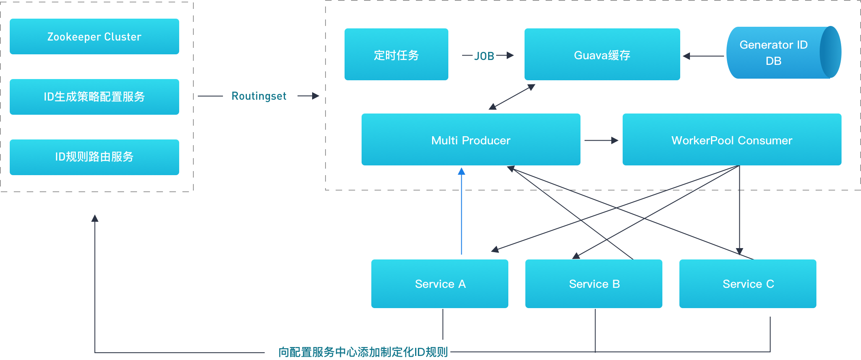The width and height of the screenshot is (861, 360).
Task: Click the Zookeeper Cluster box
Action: [94, 36]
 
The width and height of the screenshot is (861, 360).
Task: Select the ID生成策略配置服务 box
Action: [94, 96]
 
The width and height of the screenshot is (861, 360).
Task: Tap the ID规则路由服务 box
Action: [94, 157]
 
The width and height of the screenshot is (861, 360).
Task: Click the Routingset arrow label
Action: [259, 96]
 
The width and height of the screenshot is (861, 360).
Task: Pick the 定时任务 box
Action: [396, 54]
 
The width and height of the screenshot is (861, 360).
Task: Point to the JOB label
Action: [484, 56]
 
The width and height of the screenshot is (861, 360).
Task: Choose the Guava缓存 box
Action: [602, 54]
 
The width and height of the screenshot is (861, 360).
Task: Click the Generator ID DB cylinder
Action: [778, 52]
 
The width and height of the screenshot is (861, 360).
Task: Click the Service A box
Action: [439, 283]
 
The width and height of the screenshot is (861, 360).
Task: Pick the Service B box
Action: [593, 283]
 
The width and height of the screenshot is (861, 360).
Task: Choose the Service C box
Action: [747, 283]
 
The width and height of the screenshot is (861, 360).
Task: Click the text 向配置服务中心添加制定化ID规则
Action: [363, 352]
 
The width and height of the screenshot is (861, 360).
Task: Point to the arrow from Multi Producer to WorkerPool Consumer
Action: [601, 140]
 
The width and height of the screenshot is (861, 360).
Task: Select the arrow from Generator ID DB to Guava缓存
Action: [703, 56]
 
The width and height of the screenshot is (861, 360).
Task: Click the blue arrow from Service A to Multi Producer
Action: [461, 211]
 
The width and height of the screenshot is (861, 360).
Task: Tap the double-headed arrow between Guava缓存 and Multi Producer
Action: [512, 97]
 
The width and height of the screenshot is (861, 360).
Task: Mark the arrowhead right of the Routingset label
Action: [315, 96]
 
